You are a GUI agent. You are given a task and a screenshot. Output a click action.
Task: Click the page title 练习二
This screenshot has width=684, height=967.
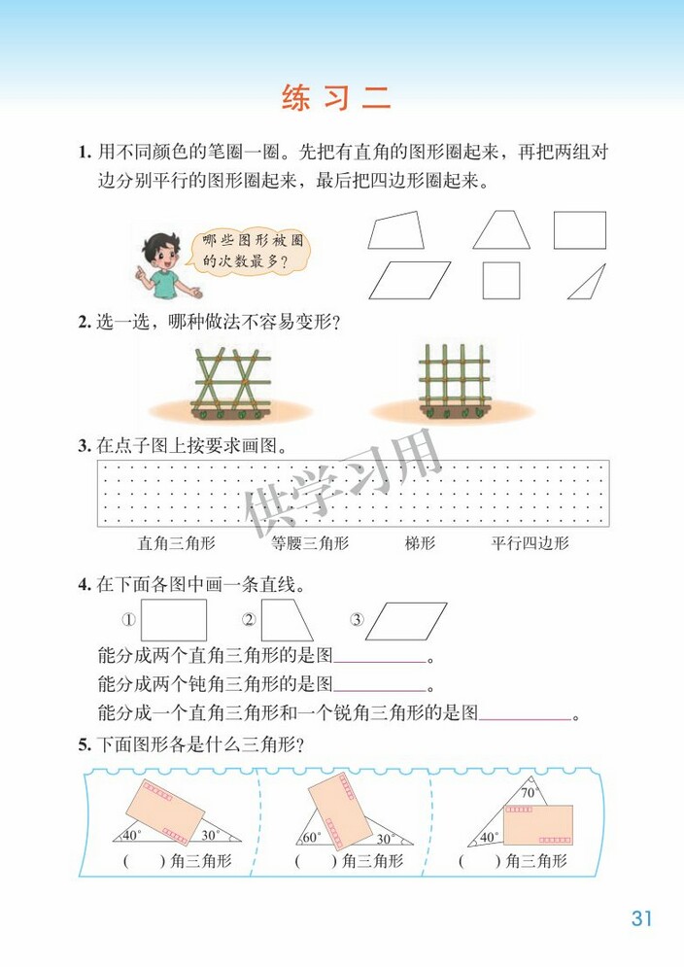coord(335,97)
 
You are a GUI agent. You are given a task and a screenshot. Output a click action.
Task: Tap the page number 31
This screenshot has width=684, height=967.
coord(640,918)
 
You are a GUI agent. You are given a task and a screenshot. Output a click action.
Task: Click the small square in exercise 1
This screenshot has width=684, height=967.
coord(501,280)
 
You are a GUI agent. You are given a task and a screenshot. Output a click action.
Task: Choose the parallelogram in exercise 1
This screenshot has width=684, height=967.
coord(409,280)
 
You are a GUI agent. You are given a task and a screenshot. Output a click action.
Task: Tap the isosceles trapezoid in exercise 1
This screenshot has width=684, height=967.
coord(501,230)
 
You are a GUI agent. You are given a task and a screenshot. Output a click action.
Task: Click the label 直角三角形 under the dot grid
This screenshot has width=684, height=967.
coord(177,543)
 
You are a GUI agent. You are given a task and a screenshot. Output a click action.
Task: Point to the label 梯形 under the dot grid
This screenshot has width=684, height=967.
coord(420,543)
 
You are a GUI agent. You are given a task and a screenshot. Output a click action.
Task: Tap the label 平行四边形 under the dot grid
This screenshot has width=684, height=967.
coord(530,543)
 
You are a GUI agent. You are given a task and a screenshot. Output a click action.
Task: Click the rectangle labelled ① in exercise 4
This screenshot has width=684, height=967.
coord(174,620)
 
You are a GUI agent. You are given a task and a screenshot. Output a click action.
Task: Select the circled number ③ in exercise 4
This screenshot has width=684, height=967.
coord(357,620)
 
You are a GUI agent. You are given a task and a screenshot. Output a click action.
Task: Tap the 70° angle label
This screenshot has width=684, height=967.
coord(529,793)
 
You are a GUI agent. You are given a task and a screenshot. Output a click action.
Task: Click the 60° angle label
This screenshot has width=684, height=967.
coord(312,837)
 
